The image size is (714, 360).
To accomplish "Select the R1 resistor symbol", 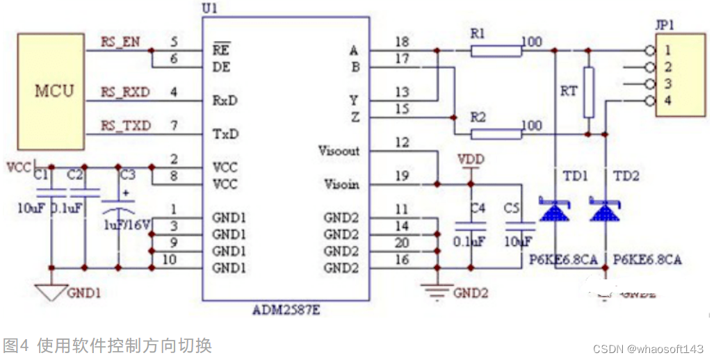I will coord(496,50).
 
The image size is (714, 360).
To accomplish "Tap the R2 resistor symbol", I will coord(496,134).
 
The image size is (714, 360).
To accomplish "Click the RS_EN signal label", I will coord(120,42).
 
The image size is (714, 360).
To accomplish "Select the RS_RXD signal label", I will coord(125,92).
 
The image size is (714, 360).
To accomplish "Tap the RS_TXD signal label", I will coord(125,125).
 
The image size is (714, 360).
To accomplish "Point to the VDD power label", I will coord(471,160).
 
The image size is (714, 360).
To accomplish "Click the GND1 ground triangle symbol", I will coord(51,292).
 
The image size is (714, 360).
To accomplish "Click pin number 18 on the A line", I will coord(401,42).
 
